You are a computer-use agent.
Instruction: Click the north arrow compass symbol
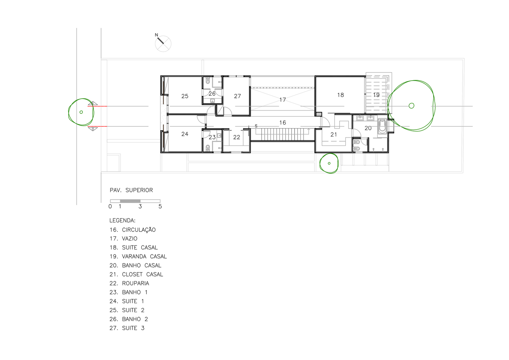[x=163, y=43]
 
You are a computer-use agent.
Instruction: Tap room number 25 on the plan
[x=185, y=96]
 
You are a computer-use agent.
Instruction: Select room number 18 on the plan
[x=340, y=95]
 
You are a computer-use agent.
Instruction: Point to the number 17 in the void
[x=282, y=100]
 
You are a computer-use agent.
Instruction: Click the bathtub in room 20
[x=382, y=126]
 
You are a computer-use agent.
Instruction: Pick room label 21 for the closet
[x=333, y=135]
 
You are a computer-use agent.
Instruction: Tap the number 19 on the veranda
[x=376, y=95]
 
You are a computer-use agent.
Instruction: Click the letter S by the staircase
[x=256, y=126]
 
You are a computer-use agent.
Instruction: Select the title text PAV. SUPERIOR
[x=131, y=190]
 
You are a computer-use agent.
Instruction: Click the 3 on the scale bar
[x=140, y=206]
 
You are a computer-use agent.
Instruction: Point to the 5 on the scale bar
[x=160, y=206]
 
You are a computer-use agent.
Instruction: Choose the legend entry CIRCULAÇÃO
[x=138, y=230]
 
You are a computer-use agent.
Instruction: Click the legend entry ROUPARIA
[x=135, y=283]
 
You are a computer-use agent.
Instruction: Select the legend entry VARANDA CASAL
[x=144, y=257]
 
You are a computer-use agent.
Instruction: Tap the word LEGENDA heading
[x=122, y=220]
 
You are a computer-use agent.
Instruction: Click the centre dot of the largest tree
[x=411, y=106]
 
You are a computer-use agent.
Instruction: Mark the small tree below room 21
[x=329, y=163]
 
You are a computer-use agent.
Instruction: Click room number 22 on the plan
[x=237, y=137]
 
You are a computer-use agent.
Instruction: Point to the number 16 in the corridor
[x=282, y=122]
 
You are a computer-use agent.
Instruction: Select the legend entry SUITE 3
[x=133, y=328]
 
